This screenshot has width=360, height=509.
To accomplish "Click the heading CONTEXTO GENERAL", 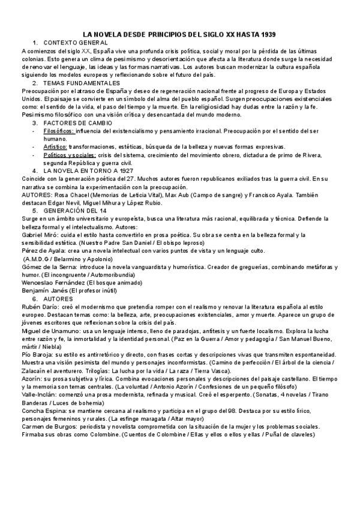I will click(x=76, y=43).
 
